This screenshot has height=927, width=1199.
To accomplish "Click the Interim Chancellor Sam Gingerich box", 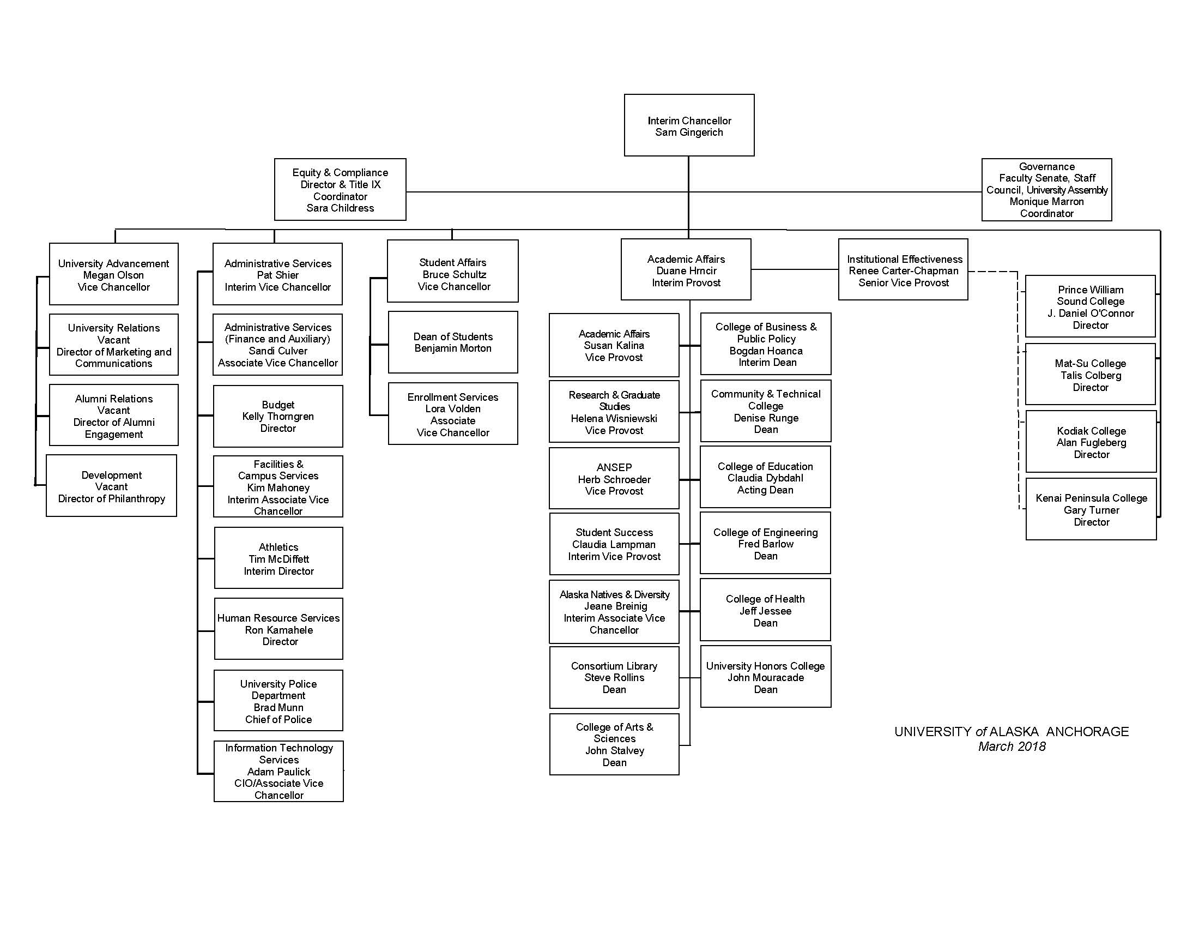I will coord(688,125).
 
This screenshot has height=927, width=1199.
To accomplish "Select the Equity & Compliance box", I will coord(340,189).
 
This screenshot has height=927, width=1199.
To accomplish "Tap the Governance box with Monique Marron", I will coord(1046,189).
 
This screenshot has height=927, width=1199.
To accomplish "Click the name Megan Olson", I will coord(114,275).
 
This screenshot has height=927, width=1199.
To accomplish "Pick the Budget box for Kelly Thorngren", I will coord(278,416).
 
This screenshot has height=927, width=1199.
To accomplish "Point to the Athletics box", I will coord(278,558).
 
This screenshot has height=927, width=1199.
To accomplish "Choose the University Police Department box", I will coord(278,700).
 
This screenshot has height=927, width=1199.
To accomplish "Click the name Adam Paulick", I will coord(279,772).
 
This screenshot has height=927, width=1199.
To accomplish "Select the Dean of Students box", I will coord(452,342).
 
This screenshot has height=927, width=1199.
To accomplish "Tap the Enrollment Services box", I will coord(452,413).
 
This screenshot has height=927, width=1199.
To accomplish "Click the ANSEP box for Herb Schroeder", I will coord(614,478).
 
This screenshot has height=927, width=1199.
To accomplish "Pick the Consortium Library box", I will coord(614,677).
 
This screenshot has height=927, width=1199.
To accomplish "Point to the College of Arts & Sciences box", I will coord(614,744).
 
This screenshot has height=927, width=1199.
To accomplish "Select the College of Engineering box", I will coord(765,543).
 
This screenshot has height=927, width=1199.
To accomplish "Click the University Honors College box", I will coord(765,677).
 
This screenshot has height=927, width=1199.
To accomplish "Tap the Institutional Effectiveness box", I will coord(903,269).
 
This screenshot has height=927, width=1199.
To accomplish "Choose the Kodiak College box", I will coord(1091,442).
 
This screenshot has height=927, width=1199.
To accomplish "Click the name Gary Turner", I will coord(1091,510).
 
